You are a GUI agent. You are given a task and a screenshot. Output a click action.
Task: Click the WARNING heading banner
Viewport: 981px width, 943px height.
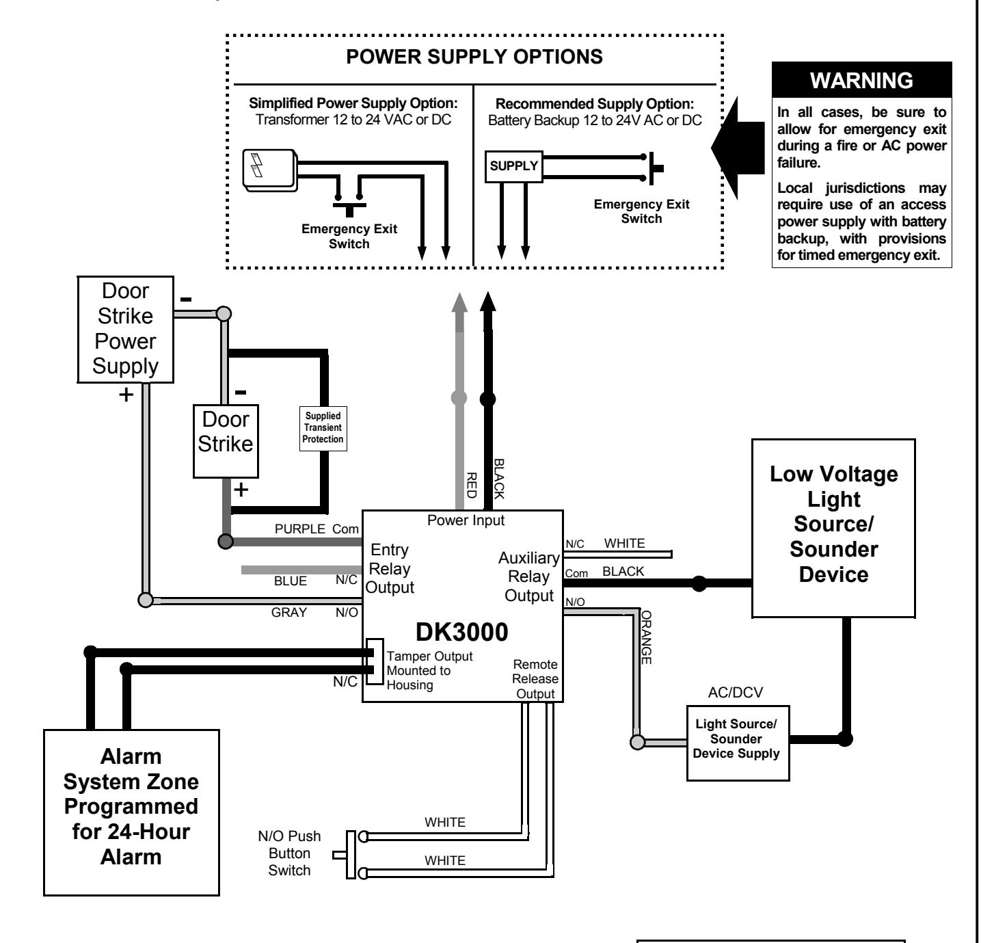click(x=861, y=80)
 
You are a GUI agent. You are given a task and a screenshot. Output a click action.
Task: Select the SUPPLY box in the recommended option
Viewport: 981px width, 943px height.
click(x=513, y=166)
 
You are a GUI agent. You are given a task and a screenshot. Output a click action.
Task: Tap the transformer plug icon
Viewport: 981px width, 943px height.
click(x=270, y=170)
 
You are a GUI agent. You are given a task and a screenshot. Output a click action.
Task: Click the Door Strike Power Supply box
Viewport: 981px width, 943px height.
click(x=126, y=330)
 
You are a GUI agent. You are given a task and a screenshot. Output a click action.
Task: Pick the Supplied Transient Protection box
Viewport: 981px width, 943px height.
click(x=323, y=428)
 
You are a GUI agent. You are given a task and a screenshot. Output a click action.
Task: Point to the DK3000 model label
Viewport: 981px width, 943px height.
click(x=461, y=632)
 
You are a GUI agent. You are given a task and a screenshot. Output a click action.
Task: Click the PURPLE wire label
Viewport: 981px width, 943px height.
click(x=300, y=529)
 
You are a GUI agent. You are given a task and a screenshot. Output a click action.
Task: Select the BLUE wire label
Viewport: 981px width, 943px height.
click(x=291, y=581)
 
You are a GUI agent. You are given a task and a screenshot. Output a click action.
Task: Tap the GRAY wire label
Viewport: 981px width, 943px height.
click(x=289, y=612)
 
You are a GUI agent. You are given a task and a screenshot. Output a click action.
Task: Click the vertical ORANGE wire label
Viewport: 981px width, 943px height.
click(x=646, y=637)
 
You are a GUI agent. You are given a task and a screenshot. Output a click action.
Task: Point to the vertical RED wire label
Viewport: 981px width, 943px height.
click(x=471, y=485)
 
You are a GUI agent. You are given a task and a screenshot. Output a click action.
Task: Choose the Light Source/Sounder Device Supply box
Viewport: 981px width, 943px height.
click(x=738, y=743)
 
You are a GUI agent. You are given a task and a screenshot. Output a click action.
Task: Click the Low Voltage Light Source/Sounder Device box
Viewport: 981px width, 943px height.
click(x=834, y=528)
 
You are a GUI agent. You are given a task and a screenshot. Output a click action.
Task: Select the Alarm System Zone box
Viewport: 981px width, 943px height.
click(x=131, y=812)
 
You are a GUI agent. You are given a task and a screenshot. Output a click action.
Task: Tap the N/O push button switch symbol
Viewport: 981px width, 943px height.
click(x=351, y=855)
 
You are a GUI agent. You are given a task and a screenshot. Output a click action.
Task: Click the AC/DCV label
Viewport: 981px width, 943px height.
click(x=736, y=692)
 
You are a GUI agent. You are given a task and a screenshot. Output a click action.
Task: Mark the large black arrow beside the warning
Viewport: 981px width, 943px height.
click(x=738, y=148)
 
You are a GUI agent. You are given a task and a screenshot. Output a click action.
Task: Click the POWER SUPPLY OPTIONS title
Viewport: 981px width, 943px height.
click(x=474, y=57)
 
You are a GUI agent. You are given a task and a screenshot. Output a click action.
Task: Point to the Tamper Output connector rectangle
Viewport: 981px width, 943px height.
click(x=375, y=662)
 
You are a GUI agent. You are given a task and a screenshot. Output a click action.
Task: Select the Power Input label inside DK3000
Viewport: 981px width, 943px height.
click(x=466, y=520)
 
